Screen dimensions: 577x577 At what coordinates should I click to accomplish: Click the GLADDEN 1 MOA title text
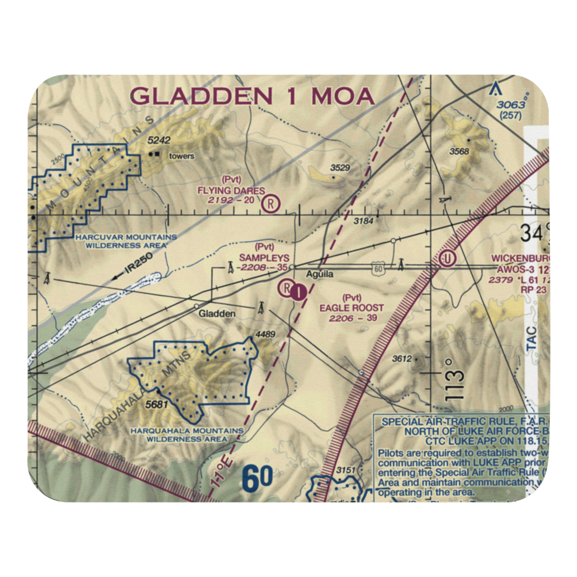coord(253,96)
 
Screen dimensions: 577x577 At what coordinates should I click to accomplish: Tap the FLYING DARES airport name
coord(231,191)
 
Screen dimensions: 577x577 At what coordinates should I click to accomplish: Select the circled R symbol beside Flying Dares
coord(270,203)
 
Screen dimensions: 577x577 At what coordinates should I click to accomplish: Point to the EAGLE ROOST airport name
coord(351,308)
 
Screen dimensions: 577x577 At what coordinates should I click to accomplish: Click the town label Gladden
coord(217,314)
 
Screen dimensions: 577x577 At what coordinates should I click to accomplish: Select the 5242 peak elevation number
coord(160,140)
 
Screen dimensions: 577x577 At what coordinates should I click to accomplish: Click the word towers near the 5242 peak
coord(181,156)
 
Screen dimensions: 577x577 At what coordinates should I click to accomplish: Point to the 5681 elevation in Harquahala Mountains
coord(156,404)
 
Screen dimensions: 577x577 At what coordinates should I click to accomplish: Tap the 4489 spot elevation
coord(264,334)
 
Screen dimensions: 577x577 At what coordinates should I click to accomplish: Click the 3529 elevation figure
coord(340,168)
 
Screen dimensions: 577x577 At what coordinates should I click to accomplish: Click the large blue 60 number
coord(257,479)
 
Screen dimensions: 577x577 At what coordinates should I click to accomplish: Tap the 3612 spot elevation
coord(402,358)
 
